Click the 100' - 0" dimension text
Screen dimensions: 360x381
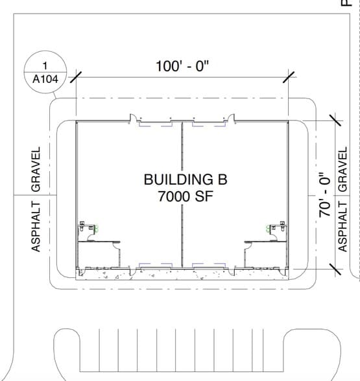coord(182,66)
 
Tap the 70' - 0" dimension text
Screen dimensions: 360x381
coord(325,195)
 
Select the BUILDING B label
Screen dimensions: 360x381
coord(186,179)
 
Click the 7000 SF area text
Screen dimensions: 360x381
coord(186,196)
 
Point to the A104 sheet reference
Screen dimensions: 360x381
coord(45,79)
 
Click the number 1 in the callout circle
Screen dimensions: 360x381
coord(45,65)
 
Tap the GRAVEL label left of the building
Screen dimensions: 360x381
coord(36,169)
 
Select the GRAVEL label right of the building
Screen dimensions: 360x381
coord(342,169)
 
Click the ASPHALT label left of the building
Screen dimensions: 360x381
coord(36,227)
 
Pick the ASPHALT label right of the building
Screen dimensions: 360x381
coord(342,227)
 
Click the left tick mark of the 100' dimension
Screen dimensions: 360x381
coord(76,77)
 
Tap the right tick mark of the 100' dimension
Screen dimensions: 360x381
coord(289,77)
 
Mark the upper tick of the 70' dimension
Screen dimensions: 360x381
coord(335,121)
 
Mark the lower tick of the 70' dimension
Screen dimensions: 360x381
coord(335,270)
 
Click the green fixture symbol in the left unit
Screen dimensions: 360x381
coord(96,229)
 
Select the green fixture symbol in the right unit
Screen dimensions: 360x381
coord(268,229)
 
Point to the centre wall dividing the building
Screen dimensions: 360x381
coord(182,194)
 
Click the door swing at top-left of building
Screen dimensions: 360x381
coord(132,118)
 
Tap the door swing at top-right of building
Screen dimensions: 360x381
coord(232,118)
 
